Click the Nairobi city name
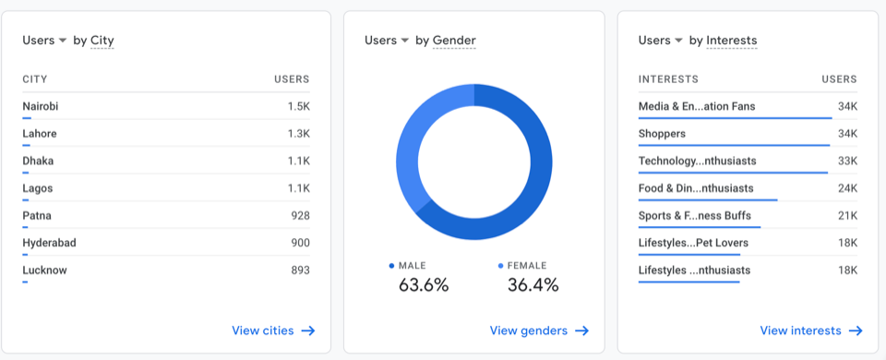(41, 106)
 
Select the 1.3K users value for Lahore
(298, 134)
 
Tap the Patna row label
(37, 216)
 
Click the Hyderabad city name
(49, 243)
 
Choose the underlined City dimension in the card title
(102, 41)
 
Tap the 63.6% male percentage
(424, 285)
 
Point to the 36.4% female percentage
(533, 285)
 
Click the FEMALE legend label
(527, 266)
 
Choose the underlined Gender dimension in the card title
(454, 41)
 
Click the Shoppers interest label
(662, 134)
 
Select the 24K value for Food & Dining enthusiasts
(847, 188)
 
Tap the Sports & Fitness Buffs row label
(694, 216)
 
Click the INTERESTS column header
(668, 79)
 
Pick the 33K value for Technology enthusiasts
(847, 161)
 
